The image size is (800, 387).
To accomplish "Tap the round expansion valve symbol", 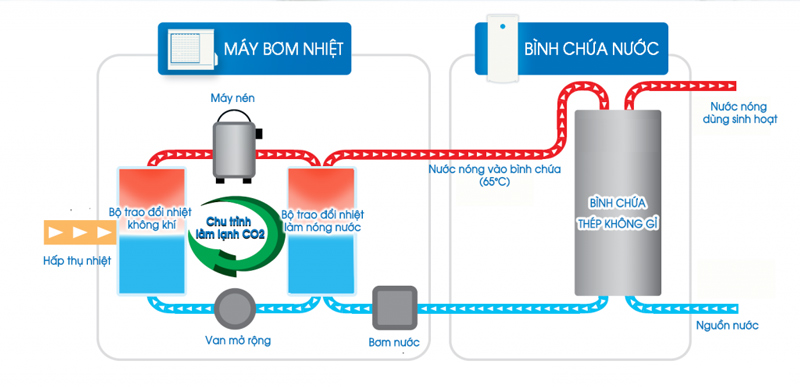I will tap(236, 304).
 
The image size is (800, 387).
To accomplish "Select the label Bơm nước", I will tap(393, 343).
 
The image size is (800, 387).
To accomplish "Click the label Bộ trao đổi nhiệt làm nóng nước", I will tap(322, 220).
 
